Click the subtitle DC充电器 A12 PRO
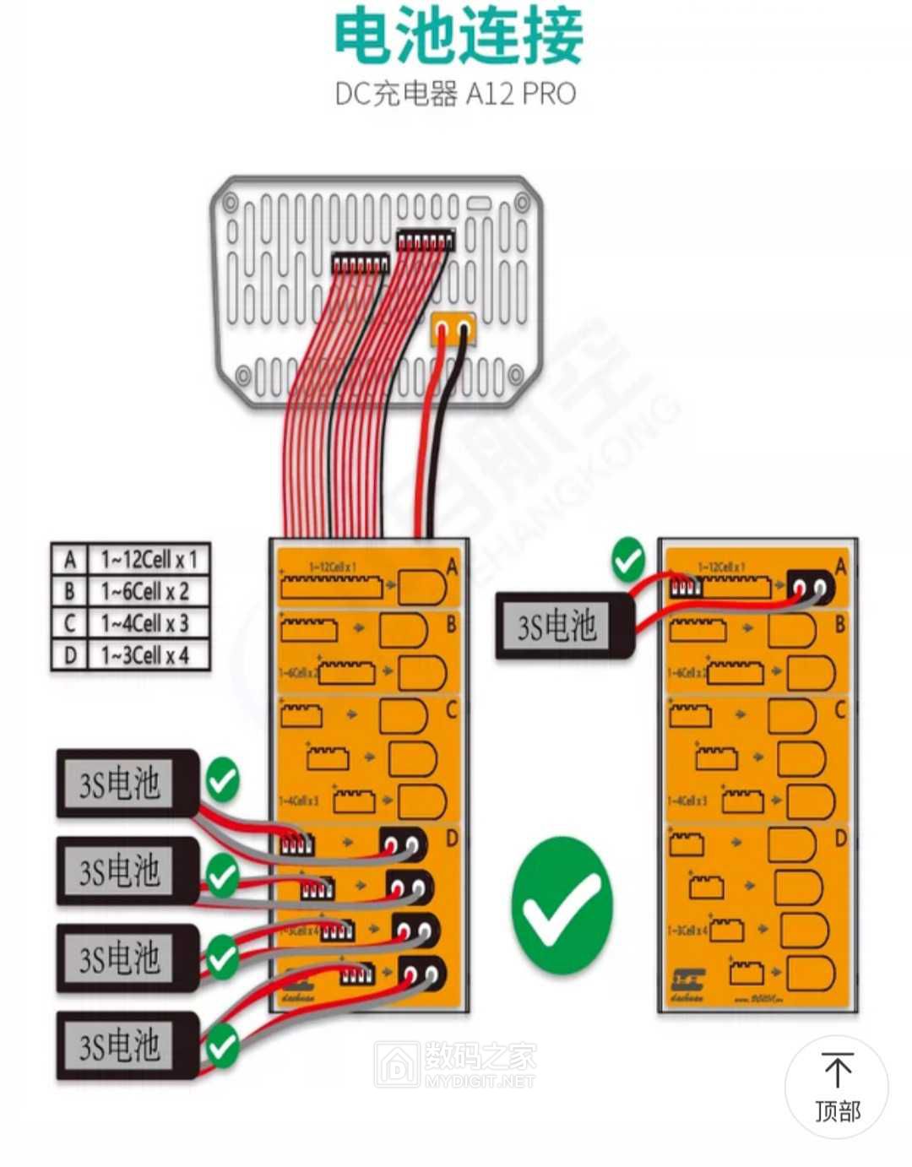pyautogui.click(x=455, y=93)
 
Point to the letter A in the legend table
pyautogui.click(x=70, y=559)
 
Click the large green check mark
pyautogui.click(x=562, y=906)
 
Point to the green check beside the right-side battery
pyautogui.click(x=627, y=560)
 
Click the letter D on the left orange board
pyautogui.click(x=451, y=838)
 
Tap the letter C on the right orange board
pyautogui.click(x=839, y=709)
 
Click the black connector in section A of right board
pyautogui.click(x=810, y=585)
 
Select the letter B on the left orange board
pyautogui.click(x=451, y=625)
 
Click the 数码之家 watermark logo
pyautogui.click(x=456, y=1063)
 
